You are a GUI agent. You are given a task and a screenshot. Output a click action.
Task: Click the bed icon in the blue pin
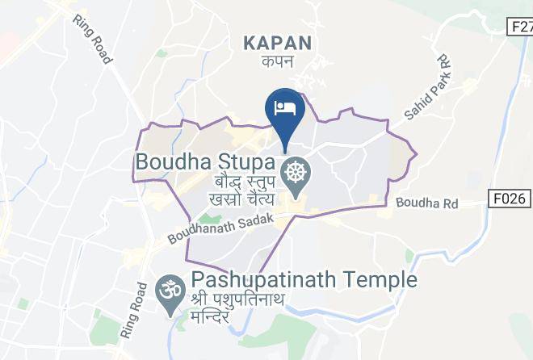[x=286, y=107]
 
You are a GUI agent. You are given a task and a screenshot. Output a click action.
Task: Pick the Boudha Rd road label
[x=427, y=204]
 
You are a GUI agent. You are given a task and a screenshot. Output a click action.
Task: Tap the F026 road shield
[x=510, y=197]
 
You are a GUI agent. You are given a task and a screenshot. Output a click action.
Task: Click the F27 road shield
[x=519, y=27]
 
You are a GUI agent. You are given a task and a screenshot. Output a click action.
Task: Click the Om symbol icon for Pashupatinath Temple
[x=168, y=288]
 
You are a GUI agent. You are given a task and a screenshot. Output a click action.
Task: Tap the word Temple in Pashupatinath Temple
[x=386, y=281]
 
